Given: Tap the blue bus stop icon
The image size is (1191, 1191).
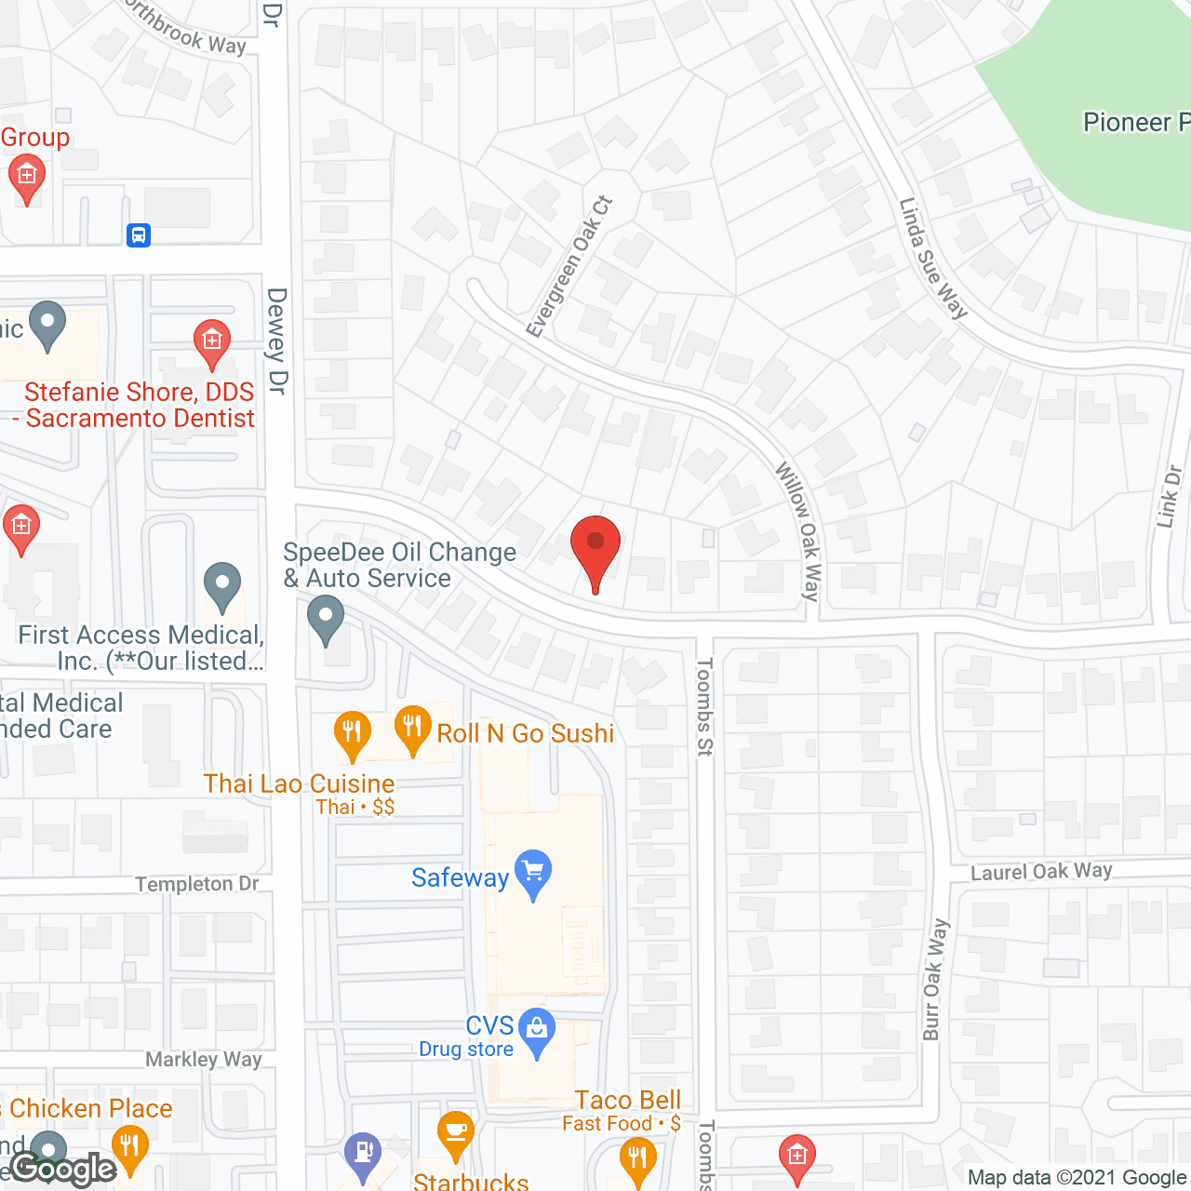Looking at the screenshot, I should (139, 234).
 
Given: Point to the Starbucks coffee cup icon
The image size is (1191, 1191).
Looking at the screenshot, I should (455, 1133).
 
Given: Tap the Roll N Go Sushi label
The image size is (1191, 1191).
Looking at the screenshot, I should (525, 733).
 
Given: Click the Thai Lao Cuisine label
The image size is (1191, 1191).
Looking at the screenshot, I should (299, 783).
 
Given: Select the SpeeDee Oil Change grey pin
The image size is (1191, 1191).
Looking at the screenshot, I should (326, 618).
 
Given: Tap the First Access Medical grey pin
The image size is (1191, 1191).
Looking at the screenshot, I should (222, 586).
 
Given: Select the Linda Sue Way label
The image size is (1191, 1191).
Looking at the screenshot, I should (933, 259).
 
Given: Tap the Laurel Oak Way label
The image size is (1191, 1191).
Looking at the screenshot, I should (1041, 871).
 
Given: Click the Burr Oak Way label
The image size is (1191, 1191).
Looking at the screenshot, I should (934, 979).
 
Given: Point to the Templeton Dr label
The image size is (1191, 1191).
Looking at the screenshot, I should (197, 883).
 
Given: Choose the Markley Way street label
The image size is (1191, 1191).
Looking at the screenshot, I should (204, 1059).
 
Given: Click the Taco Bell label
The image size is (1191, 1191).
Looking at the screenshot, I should (628, 1100).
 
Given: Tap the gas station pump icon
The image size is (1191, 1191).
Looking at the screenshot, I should (361, 1151).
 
